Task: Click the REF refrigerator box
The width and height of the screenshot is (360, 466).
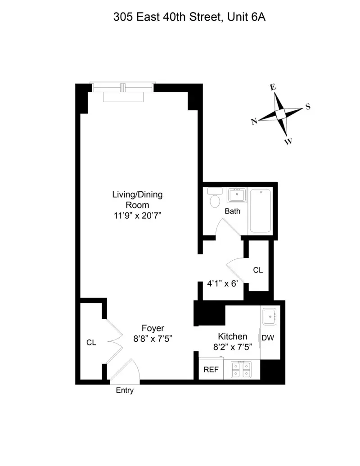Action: tap(211, 370)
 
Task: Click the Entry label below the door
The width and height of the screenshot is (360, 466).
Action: tap(125, 391)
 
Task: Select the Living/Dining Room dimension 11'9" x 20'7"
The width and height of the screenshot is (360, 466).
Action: tap(137, 215)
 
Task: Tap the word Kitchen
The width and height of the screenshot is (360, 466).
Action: tap(233, 336)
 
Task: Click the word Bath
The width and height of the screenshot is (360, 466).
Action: tap(233, 211)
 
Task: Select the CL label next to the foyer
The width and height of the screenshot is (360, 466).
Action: tap(91, 342)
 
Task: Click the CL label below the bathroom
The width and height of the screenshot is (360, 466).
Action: tap(258, 270)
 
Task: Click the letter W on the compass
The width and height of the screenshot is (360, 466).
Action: tap(288, 142)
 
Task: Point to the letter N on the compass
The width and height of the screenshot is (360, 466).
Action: tap(254, 121)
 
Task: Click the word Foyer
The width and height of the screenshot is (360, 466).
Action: tap(153, 328)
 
